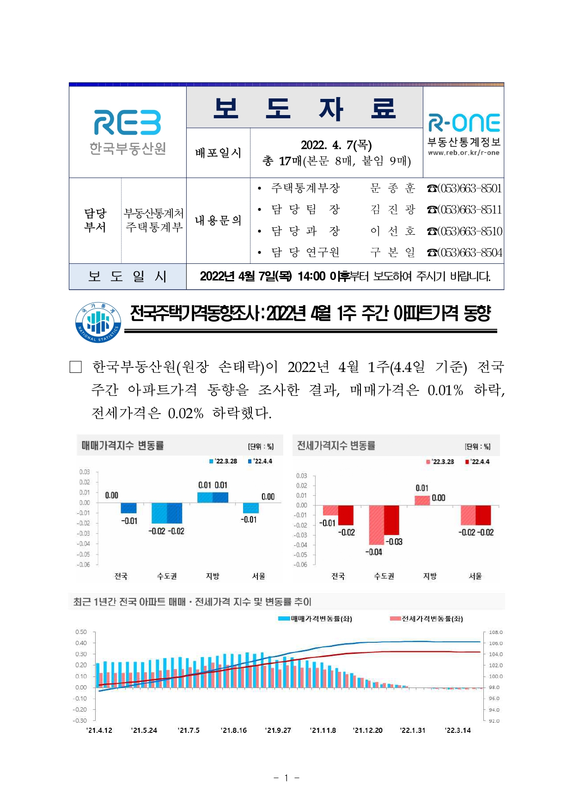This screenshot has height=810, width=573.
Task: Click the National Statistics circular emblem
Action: (98, 323)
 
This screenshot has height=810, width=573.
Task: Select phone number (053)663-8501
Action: (464, 188)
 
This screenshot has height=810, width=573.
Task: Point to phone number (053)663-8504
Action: (464, 252)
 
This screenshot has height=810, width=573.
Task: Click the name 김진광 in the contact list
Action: (393, 210)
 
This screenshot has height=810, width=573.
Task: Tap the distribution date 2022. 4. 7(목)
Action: (336, 145)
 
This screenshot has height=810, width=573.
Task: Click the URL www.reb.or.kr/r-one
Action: (463, 153)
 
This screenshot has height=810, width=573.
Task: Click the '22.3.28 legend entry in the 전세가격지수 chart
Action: (440, 462)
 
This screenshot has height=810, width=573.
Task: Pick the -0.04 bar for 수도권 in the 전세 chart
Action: (376, 525)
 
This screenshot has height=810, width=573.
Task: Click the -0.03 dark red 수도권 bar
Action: (391, 520)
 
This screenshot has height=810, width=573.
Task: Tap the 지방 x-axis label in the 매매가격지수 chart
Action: (213, 576)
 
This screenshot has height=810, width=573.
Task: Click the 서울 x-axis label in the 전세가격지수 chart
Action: (475, 576)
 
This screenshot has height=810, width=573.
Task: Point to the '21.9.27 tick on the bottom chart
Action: (278, 730)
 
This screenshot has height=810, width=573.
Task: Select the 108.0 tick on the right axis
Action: (495, 632)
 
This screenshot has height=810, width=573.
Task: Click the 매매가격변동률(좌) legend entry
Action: (315, 619)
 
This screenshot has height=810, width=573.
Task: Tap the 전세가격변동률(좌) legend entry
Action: (426, 619)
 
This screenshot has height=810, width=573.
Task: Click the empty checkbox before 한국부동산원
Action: (75, 367)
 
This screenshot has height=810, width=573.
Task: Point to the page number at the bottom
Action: (286, 778)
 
